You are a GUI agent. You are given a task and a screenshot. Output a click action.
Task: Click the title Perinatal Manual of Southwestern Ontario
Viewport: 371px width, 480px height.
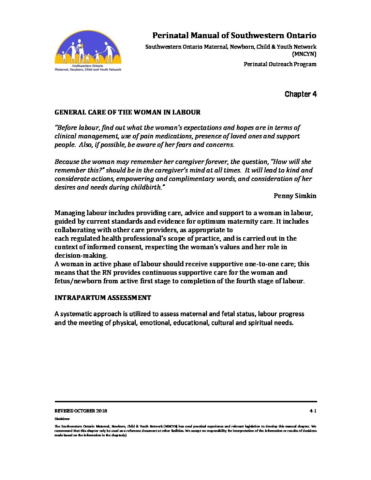tap(234, 35)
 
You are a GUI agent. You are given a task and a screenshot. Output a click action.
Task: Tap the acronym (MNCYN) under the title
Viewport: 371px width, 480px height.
tap(304, 54)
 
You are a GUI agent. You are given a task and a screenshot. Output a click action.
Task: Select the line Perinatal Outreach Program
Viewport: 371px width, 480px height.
tap(280, 64)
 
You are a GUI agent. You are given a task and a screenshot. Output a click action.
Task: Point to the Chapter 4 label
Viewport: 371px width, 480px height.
tap(300, 94)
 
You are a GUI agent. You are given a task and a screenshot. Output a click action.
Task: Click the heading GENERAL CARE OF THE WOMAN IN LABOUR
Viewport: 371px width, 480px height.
tap(128, 112)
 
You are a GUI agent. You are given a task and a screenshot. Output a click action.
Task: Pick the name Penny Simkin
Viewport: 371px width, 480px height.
tap(295, 196)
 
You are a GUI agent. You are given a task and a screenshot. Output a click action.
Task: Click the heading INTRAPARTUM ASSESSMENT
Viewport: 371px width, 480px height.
tap(103, 298)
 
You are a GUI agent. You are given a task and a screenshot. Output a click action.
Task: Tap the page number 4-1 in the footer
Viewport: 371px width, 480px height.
tap(313, 411)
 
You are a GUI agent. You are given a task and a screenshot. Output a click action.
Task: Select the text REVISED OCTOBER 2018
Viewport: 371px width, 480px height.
tap(81, 411)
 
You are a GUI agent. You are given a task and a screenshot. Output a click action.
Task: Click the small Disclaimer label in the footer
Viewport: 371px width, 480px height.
tap(62, 419)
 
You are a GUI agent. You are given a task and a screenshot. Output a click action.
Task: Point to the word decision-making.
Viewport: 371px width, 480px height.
tap(81, 255)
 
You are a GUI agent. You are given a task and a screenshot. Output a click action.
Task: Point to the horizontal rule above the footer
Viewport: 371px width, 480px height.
tap(185, 402)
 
